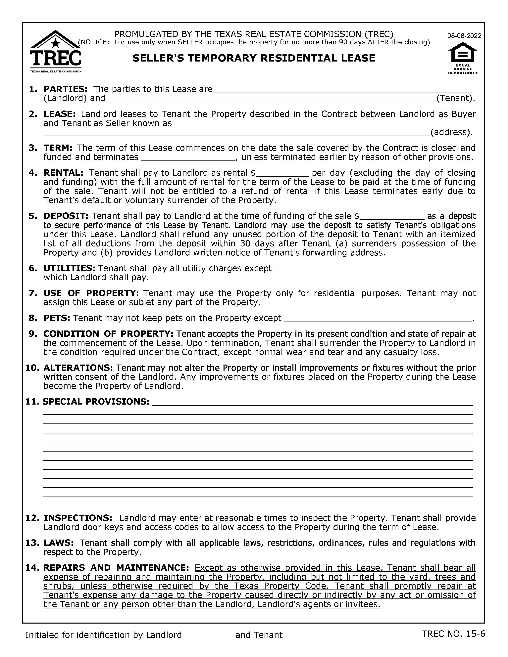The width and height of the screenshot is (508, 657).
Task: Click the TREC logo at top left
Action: (56, 52)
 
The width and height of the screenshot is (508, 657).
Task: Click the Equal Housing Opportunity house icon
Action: (463, 52)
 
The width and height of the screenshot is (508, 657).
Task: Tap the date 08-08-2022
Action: (464, 36)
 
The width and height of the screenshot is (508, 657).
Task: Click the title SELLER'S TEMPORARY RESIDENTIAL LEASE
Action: (254, 58)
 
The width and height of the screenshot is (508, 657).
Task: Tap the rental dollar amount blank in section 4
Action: (282, 173)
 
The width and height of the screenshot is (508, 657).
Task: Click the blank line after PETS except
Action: (378, 318)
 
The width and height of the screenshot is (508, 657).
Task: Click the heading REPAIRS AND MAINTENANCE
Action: (116, 568)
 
